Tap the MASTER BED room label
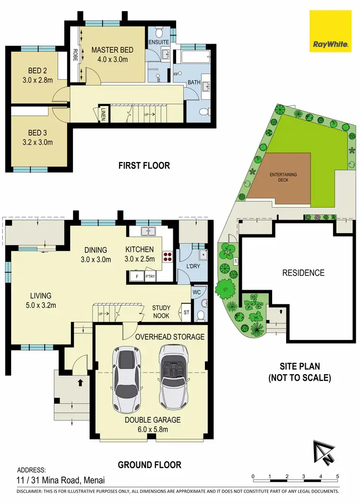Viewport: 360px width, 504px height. [112, 50]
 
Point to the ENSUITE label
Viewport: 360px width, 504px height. [159, 42]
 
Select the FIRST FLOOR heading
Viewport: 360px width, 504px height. [144, 166]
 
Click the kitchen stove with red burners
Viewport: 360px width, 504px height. [168, 256]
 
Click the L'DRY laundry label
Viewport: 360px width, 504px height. [193, 265]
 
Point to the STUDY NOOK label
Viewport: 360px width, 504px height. [161, 312]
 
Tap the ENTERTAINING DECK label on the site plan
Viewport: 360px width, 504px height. [283, 177]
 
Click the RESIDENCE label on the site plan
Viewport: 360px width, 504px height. [303, 273]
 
